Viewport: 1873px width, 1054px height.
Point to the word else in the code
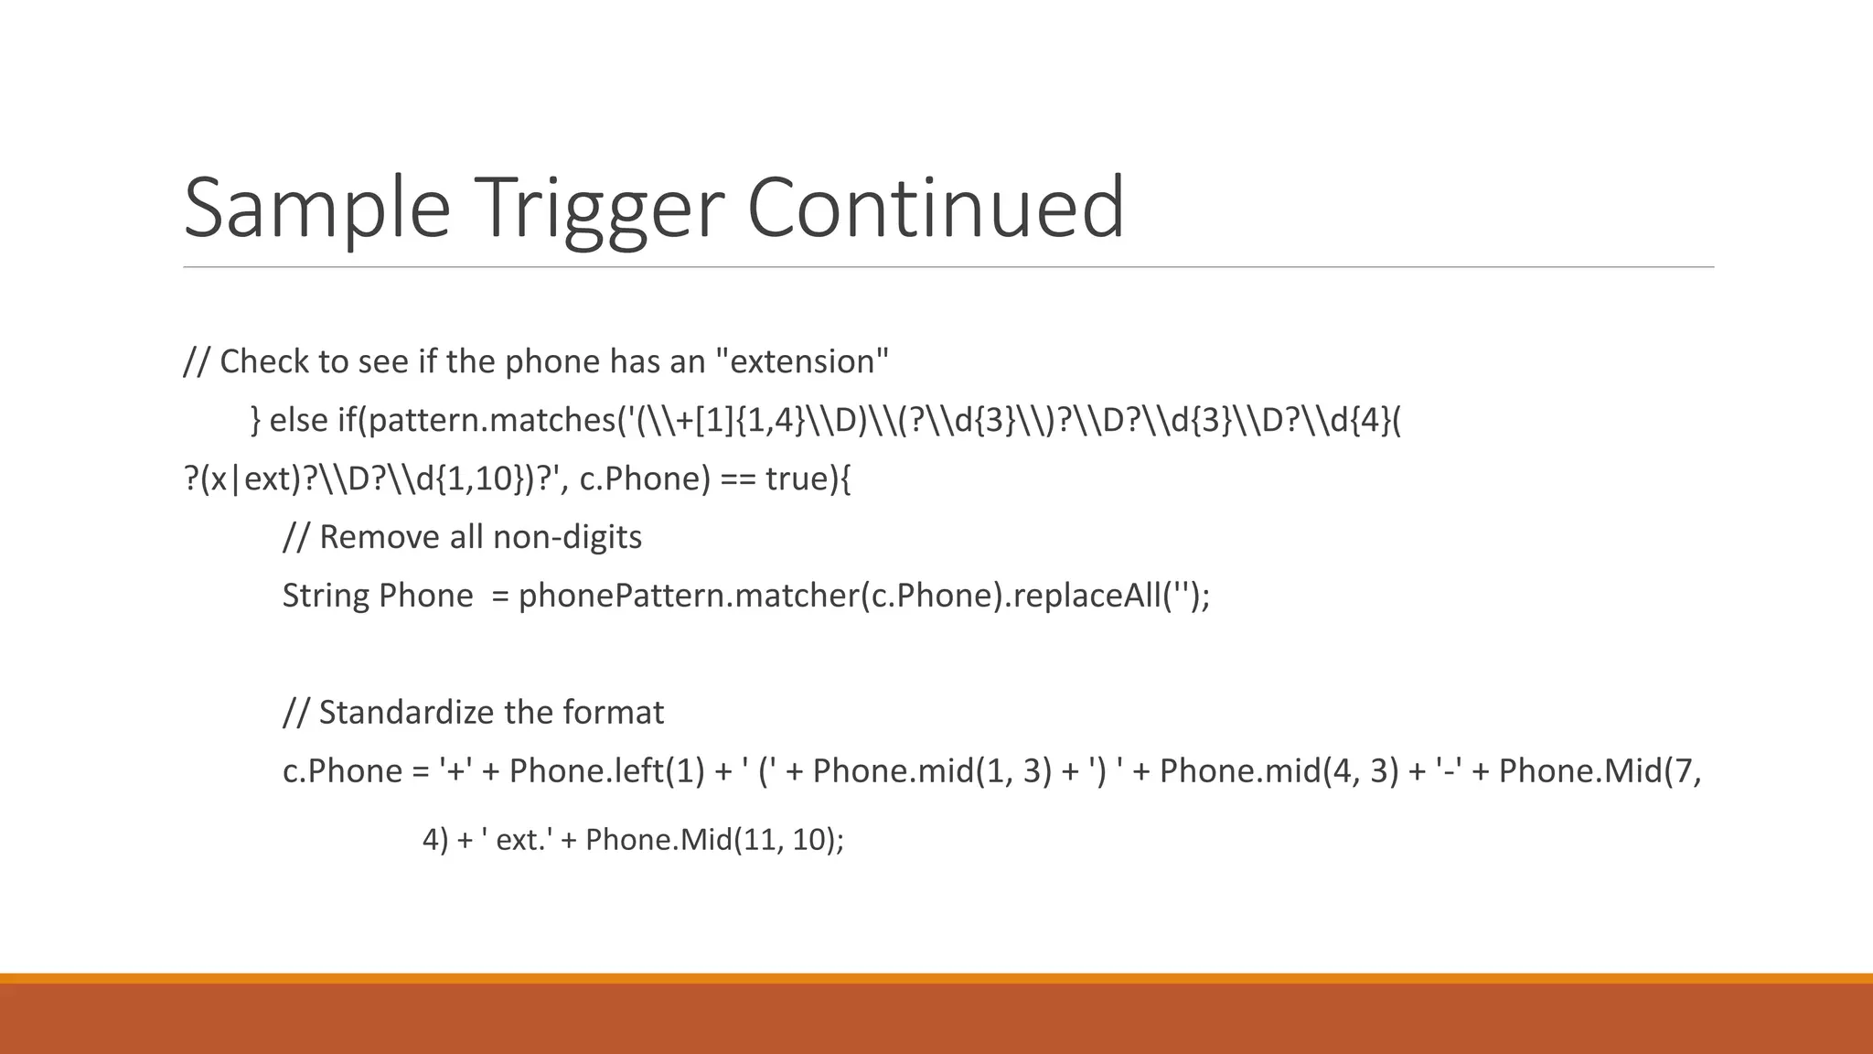(x=298, y=420)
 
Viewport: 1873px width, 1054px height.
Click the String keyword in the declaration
(x=325, y=596)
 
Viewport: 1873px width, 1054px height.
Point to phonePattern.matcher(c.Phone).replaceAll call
(x=860, y=596)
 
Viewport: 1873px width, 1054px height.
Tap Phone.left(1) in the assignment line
(x=607, y=771)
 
